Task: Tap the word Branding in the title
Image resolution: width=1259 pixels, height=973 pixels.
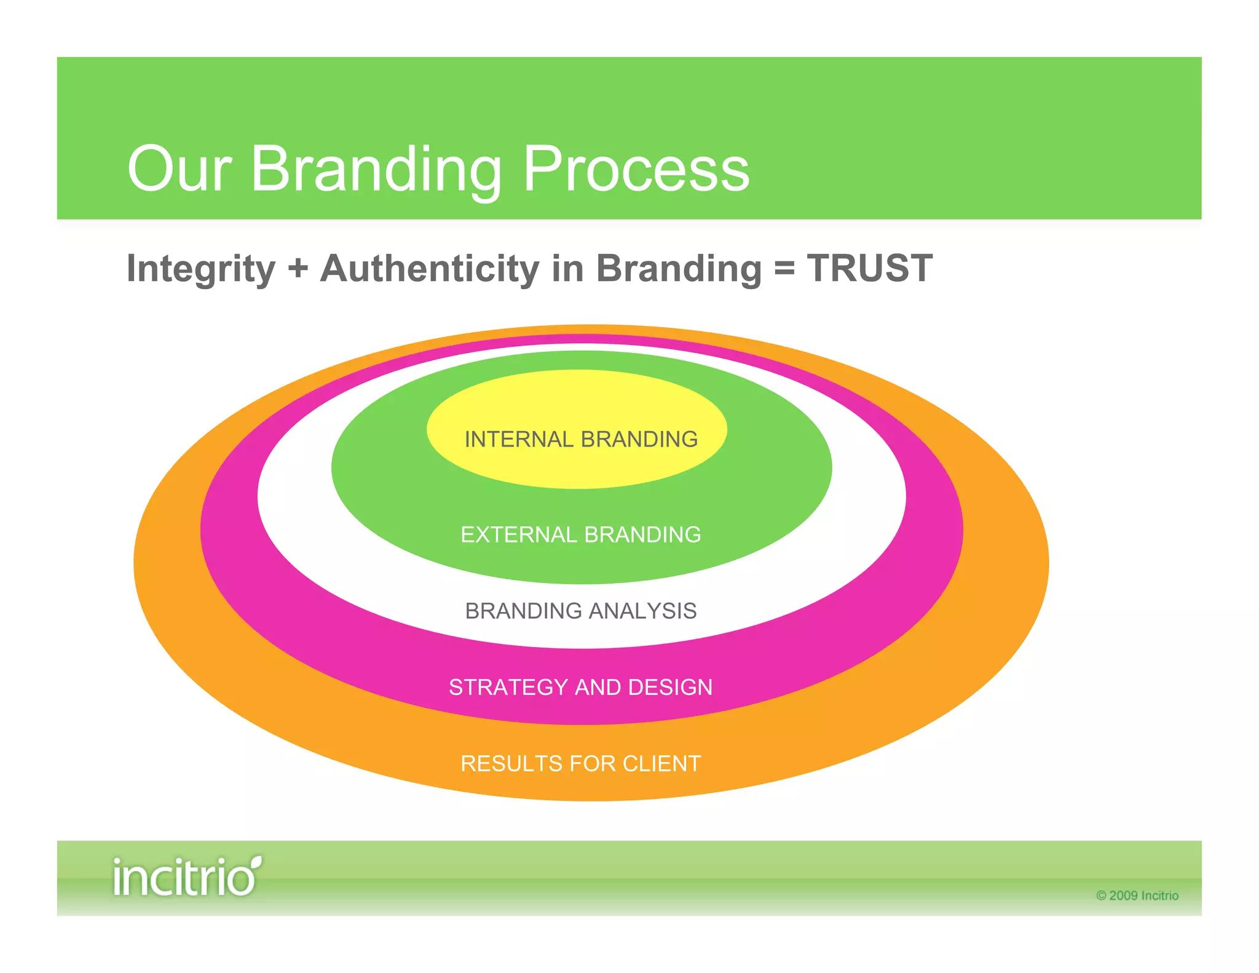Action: pyautogui.click(x=376, y=169)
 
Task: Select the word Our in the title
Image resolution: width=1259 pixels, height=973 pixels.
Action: pyautogui.click(x=179, y=169)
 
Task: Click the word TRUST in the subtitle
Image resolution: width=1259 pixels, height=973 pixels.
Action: pyautogui.click(x=870, y=269)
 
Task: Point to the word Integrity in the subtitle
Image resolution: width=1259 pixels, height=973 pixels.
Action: pyautogui.click(x=201, y=269)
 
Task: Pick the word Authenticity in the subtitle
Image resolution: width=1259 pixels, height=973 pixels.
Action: pyautogui.click(x=430, y=269)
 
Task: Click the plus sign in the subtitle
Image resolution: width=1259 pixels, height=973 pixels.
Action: pyautogui.click(x=298, y=269)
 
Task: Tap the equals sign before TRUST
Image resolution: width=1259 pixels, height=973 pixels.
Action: pyautogui.click(x=784, y=269)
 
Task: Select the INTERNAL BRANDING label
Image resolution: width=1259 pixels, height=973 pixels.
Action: pyautogui.click(x=581, y=439)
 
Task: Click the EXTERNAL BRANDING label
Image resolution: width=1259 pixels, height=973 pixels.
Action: pyautogui.click(x=581, y=534)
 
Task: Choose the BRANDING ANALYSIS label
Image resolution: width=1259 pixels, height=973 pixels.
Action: pyautogui.click(x=581, y=611)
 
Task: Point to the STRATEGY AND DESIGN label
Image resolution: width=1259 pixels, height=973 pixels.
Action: pyautogui.click(x=581, y=687)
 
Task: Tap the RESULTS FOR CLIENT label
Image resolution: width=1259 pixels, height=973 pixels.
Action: pyautogui.click(x=581, y=763)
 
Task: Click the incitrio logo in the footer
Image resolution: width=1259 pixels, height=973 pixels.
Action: pyautogui.click(x=186, y=876)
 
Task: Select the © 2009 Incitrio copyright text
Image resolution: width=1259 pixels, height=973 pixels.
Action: pyautogui.click(x=1137, y=896)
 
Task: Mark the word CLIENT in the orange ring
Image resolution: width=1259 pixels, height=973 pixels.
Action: pyautogui.click(x=662, y=763)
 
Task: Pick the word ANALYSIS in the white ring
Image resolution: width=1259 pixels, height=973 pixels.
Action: pyautogui.click(x=643, y=611)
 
